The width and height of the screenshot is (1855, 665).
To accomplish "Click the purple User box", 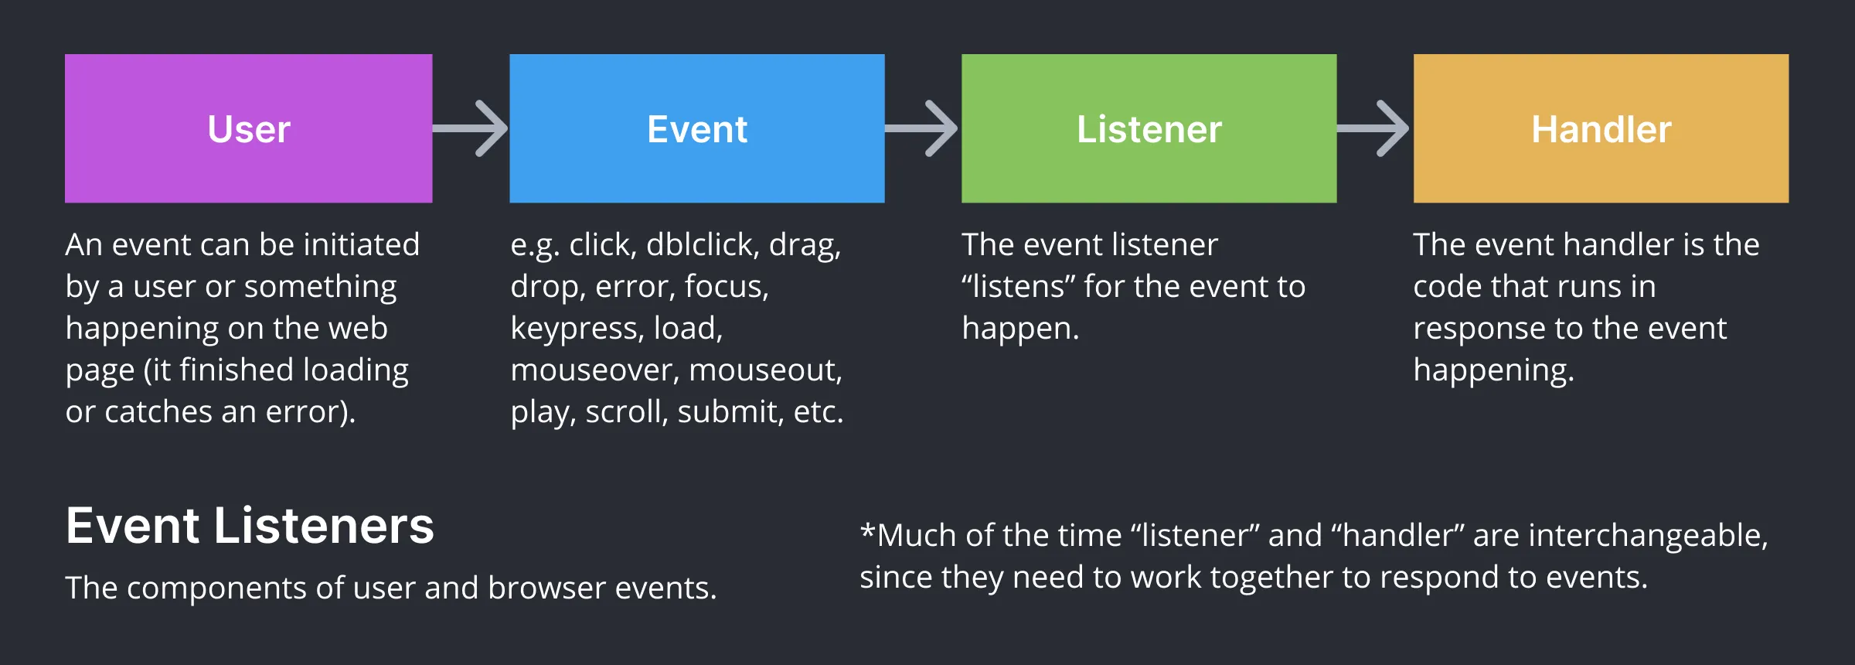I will pos(248,128).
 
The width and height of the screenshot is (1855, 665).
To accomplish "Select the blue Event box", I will pos(696,128).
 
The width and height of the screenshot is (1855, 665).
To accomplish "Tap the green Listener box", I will pos(1149,128).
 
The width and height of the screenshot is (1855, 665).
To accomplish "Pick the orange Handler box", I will pos(1601,128).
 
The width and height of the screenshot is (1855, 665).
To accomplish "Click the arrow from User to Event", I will pos(471,128).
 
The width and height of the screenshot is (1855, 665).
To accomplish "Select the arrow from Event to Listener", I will pos(922,128).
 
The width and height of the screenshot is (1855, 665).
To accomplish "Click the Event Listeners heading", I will pos(250,526).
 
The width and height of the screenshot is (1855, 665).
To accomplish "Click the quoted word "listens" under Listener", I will pos(1018,287).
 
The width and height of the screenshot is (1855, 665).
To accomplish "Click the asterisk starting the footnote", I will pos(867,532).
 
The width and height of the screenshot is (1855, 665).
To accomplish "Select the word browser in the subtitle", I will pos(547,588).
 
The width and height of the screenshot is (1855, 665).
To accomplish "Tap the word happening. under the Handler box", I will pos(1493,371).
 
